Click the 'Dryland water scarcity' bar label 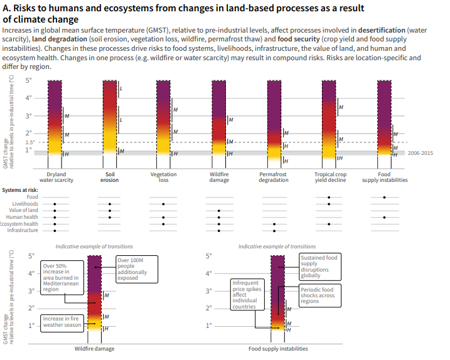[x=56, y=177]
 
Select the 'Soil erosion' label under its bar [x=109, y=177]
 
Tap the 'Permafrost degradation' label [x=274, y=177]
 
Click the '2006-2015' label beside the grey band [x=420, y=153]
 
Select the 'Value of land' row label [x=24, y=211]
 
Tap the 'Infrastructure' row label [x=23, y=230]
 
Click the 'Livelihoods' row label [x=26, y=204]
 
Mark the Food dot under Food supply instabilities [x=384, y=197]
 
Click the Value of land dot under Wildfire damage [x=219, y=211]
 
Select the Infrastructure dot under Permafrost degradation [x=274, y=230]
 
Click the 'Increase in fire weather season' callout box [x=62, y=322]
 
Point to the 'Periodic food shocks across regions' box [x=319, y=295]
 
